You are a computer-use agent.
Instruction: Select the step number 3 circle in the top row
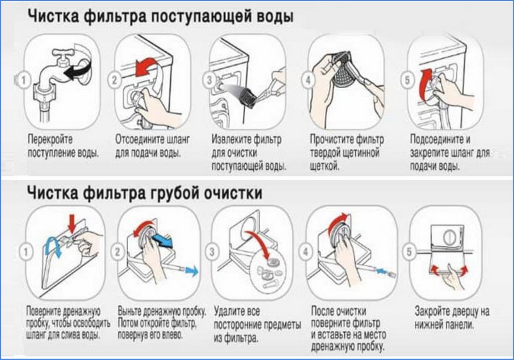tap(210, 80)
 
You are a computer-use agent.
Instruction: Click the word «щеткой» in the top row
tap(324, 166)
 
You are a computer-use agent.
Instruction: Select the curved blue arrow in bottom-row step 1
tap(51, 246)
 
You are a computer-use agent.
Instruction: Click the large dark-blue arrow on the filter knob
tap(164, 240)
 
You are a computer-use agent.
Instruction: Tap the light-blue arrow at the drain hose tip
tap(191, 271)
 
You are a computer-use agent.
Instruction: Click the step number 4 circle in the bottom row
tap(306, 252)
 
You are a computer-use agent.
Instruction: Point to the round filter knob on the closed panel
tap(450, 237)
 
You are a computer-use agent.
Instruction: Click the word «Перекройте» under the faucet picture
tap(50, 139)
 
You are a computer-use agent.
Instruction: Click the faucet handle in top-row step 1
tap(65, 53)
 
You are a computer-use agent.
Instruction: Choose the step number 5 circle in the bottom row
tap(409, 252)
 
